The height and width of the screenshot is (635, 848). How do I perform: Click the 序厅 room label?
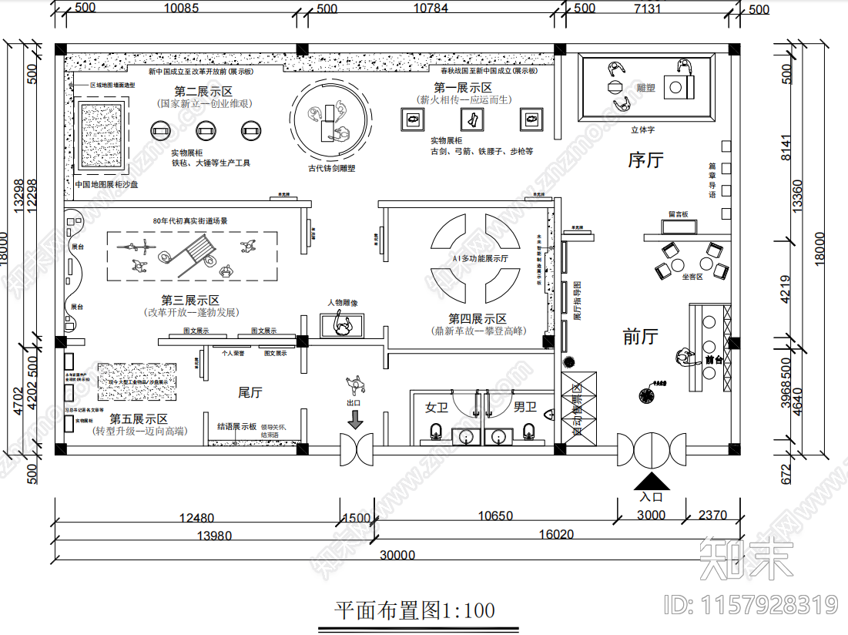click(645, 160)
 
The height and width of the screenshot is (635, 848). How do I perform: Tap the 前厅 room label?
click(641, 337)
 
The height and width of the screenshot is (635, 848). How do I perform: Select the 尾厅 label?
click(250, 393)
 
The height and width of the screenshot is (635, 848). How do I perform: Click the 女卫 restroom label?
click(437, 406)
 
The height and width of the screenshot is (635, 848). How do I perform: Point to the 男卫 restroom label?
click(525, 406)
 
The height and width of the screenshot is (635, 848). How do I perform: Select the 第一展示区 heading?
click(463, 88)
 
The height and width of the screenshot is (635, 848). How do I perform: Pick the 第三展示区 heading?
click(190, 301)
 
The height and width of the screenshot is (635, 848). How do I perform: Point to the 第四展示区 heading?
click(478, 318)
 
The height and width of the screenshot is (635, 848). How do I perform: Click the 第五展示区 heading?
click(139, 418)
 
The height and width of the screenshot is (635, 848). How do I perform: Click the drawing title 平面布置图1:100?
click(414, 611)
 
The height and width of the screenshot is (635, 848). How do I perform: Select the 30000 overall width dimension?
click(397, 555)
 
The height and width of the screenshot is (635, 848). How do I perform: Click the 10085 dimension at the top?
click(182, 9)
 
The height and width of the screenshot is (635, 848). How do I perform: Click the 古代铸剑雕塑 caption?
click(331, 168)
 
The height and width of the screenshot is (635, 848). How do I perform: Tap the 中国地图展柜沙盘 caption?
click(106, 186)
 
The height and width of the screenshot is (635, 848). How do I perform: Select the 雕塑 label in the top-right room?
click(645, 89)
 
